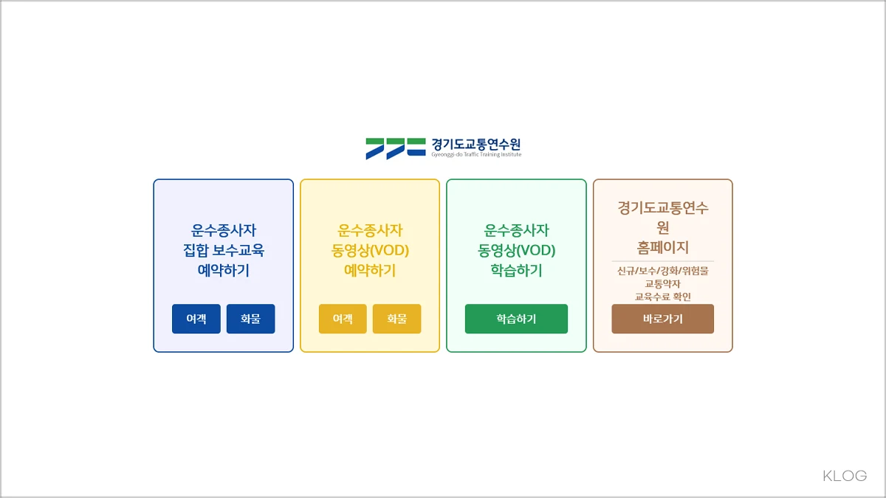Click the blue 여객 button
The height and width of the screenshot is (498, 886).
[x=196, y=319]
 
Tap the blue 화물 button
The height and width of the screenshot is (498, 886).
[x=250, y=319]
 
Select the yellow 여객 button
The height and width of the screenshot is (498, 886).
[x=343, y=319]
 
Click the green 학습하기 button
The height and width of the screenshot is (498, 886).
[x=516, y=319]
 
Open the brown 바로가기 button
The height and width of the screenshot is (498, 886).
[x=662, y=319]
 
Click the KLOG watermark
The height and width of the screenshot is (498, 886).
[x=845, y=476]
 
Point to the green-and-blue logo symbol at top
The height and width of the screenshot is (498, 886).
[x=395, y=148]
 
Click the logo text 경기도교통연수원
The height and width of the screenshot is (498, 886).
[x=476, y=144]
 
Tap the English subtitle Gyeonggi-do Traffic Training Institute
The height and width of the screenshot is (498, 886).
[x=476, y=155]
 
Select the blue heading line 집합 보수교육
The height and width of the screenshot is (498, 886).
[x=223, y=250]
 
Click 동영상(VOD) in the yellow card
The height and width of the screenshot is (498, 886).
[x=370, y=250]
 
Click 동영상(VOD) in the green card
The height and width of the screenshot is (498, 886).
[x=516, y=250]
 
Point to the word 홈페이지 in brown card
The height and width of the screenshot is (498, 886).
[x=662, y=247]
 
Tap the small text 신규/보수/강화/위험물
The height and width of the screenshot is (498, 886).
[x=662, y=271]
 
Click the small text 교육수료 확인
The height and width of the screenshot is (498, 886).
[x=662, y=297]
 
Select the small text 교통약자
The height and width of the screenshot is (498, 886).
[x=662, y=284]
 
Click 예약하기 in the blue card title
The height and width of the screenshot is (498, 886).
[x=223, y=271]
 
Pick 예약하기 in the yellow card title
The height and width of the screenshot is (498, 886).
[x=370, y=271]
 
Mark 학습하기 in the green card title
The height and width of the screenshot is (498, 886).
[x=516, y=271]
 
